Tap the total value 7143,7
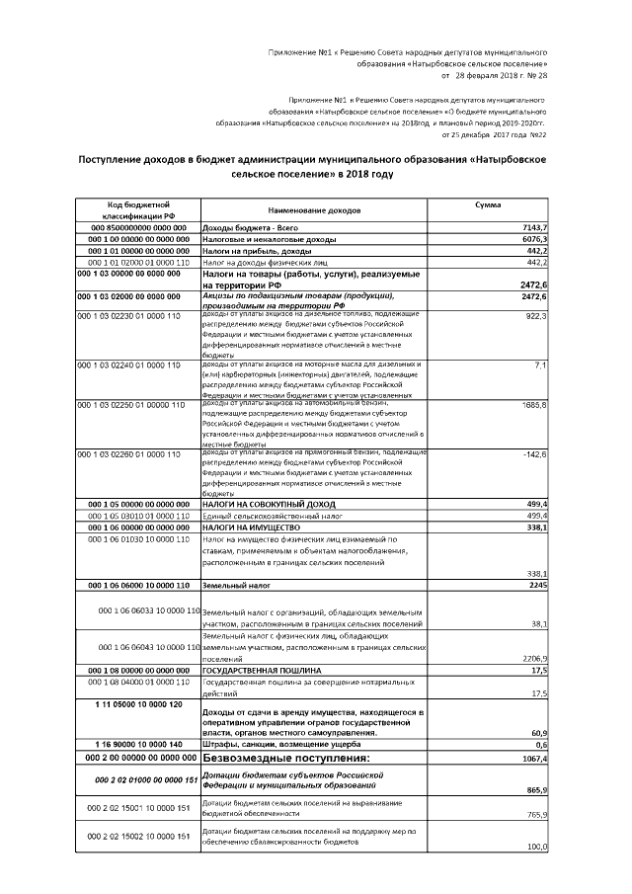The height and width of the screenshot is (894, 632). [x=534, y=228]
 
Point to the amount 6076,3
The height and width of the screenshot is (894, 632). [x=534, y=240]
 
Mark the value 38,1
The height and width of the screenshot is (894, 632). [x=538, y=624]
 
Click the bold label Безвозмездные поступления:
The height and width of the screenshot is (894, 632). [x=285, y=758]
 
